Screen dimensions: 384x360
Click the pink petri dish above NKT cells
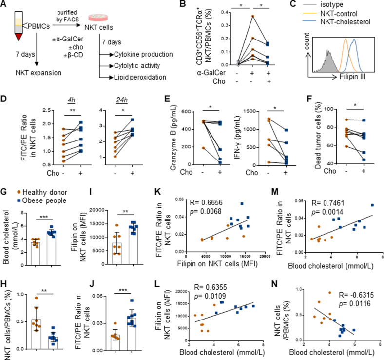click(x=98, y=18)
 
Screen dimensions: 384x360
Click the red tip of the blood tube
click(x=19, y=37)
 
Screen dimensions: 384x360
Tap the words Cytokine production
click(x=143, y=54)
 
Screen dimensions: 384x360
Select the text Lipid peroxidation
click(x=140, y=77)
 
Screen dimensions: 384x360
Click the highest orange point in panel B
click(x=253, y=16)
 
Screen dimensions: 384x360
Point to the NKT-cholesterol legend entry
click(x=337, y=21)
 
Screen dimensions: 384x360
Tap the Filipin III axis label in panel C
click(x=352, y=77)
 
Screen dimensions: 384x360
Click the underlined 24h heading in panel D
click(x=122, y=100)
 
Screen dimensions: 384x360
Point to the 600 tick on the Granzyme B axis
click(x=186, y=112)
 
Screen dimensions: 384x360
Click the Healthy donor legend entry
click(x=42, y=192)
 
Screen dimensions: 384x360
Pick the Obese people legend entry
click(x=41, y=200)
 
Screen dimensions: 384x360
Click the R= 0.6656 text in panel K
click(x=206, y=202)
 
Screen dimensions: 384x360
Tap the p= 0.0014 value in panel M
click(x=327, y=212)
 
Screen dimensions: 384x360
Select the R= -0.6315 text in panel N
click(x=356, y=295)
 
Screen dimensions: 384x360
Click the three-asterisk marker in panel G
click(x=43, y=217)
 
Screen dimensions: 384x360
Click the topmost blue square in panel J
click(x=132, y=300)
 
